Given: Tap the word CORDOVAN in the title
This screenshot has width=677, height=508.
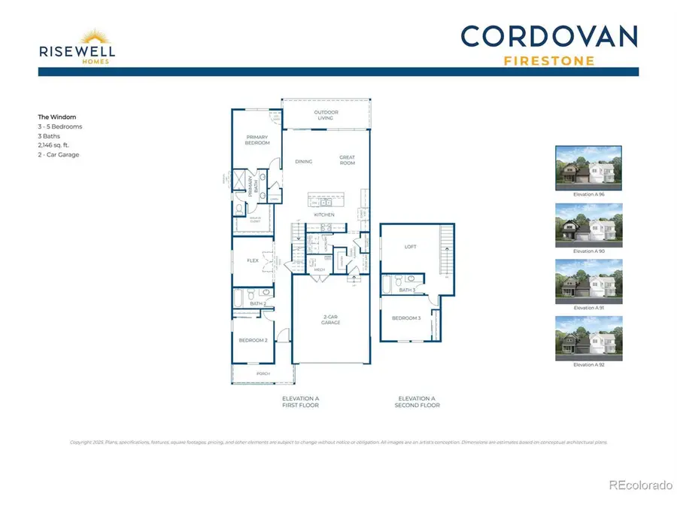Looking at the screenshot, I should [x=549, y=36].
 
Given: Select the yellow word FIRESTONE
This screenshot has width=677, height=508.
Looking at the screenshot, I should [x=549, y=59].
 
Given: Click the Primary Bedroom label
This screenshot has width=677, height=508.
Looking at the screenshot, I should [x=257, y=140].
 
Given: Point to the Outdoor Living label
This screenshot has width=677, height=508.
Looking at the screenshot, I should [x=326, y=115].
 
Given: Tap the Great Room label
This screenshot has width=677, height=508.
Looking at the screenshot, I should [x=347, y=160].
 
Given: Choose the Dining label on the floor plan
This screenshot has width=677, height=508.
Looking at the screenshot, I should [x=304, y=161].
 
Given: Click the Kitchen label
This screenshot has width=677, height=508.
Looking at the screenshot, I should [x=325, y=215].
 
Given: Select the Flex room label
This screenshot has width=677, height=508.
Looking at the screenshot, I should [x=253, y=260].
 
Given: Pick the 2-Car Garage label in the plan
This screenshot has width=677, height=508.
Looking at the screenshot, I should [x=330, y=320].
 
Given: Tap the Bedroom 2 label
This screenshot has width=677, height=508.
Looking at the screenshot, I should [x=253, y=340].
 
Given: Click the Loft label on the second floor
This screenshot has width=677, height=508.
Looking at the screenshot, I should [x=411, y=247].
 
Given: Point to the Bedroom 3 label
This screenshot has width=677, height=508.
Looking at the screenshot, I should [x=406, y=318].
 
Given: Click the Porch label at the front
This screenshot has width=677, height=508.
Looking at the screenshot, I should [x=263, y=373].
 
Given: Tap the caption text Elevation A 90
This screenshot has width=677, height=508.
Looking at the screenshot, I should [x=588, y=251].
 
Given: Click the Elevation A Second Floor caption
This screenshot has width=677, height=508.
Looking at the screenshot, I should [x=417, y=402].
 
